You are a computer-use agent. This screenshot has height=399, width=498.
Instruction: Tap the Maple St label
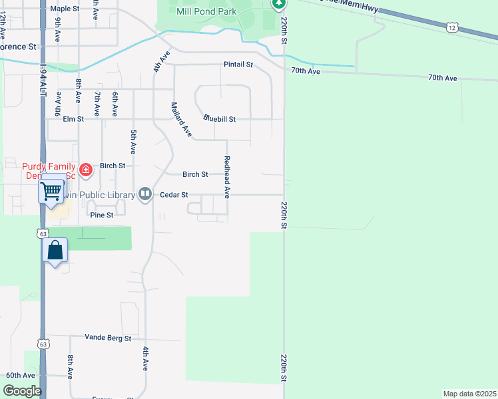point(65,9)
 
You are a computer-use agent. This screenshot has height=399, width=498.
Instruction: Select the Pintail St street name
point(239,65)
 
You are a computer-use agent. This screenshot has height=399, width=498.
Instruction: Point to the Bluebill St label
point(220,120)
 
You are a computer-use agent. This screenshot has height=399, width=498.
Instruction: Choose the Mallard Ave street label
point(180,120)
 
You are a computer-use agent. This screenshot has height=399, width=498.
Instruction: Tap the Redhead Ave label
point(227,177)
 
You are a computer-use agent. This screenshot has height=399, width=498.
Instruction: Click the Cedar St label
point(174,195)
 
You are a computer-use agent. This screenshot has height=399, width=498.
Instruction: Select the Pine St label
point(101,215)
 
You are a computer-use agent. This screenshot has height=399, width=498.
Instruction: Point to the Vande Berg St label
point(108,338)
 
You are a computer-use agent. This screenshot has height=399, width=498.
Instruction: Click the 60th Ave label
point(20,375)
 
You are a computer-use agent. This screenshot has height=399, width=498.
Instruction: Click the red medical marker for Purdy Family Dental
point(85,171)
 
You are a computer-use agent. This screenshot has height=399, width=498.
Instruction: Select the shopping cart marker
point(51,191)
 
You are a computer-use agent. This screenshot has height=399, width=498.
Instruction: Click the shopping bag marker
point(55,251)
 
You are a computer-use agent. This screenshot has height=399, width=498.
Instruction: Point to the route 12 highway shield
point(453,27)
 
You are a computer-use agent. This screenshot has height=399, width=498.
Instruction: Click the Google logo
point(21,391)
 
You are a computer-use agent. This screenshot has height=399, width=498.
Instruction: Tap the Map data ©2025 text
point(469,393)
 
